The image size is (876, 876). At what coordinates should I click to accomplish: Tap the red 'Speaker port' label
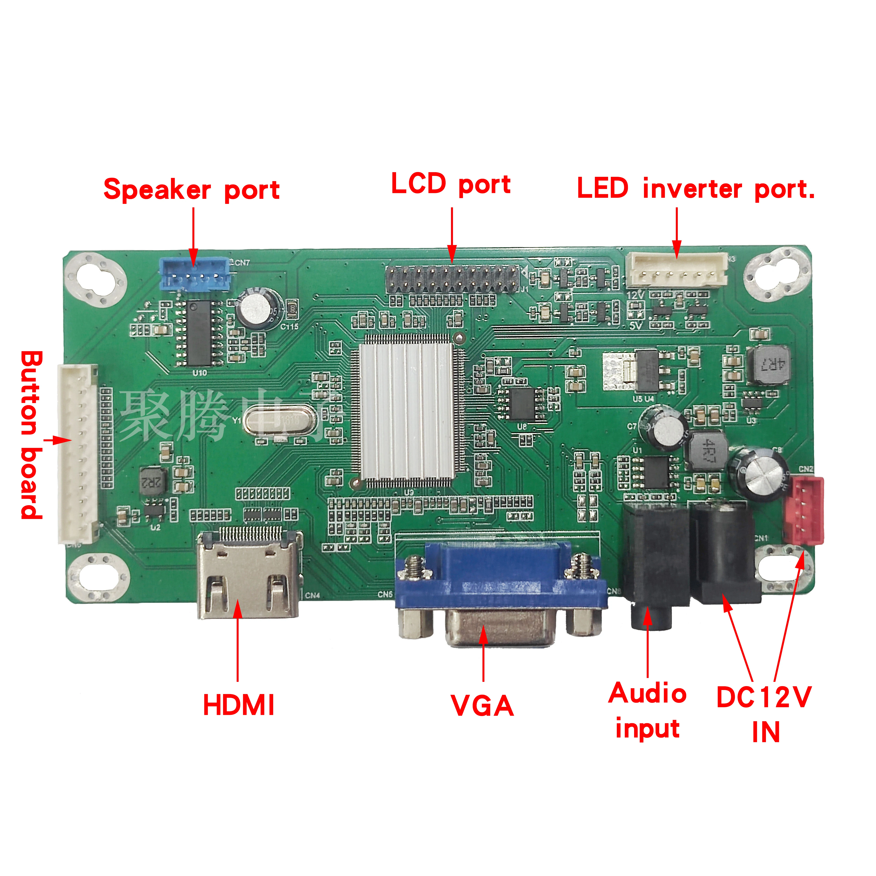pyautogui.click(x=191, y=189)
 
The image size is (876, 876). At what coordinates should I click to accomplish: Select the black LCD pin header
pyautogui.click(x=452, y=279)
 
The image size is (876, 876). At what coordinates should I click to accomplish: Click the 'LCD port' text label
pyautogui.click(x=451, y=184)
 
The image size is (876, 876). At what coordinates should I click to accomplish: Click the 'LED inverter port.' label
pyautogui.click(x=696, y=189)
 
